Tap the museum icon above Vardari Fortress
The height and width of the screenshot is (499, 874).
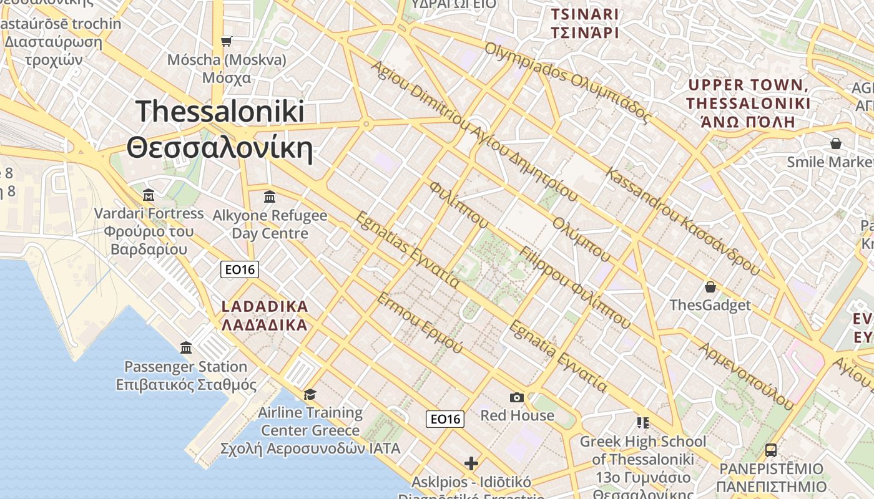149,195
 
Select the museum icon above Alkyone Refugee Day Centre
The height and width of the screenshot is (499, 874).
270,197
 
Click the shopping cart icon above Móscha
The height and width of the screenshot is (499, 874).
227,41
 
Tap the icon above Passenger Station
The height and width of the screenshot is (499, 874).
186,347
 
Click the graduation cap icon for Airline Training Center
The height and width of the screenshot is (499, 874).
310,394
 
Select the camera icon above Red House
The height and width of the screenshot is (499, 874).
517,397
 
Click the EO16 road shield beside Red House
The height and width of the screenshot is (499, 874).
446,419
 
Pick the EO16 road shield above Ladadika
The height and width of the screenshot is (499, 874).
240,269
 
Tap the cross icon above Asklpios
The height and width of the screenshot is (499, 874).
471,463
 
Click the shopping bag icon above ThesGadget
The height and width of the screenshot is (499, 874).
710,287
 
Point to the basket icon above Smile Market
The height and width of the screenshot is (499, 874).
836,143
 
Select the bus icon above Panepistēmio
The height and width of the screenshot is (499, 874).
771,450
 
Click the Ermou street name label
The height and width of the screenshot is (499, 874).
420,322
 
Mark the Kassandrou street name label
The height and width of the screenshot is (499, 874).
683,221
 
